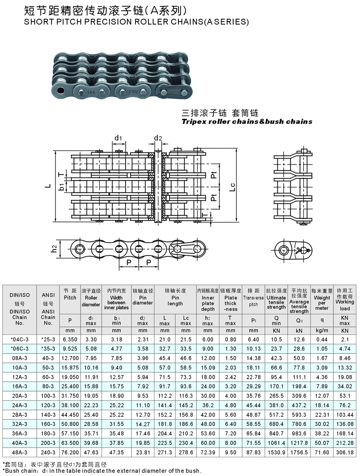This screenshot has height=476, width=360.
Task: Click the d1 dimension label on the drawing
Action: tap(118, 138)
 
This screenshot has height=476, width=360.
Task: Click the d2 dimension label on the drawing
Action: tap(158, 138)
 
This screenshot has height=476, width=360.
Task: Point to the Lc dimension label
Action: tap(232, 187)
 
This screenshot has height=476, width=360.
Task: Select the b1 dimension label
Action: tap(62, 187)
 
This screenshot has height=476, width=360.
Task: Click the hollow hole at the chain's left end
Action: tap(61, 90)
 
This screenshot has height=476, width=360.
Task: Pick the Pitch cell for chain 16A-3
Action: tap(70, 386)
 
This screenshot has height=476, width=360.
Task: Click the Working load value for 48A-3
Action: tap(345, 452)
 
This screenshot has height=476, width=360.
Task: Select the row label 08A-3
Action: tap(20, 358)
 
